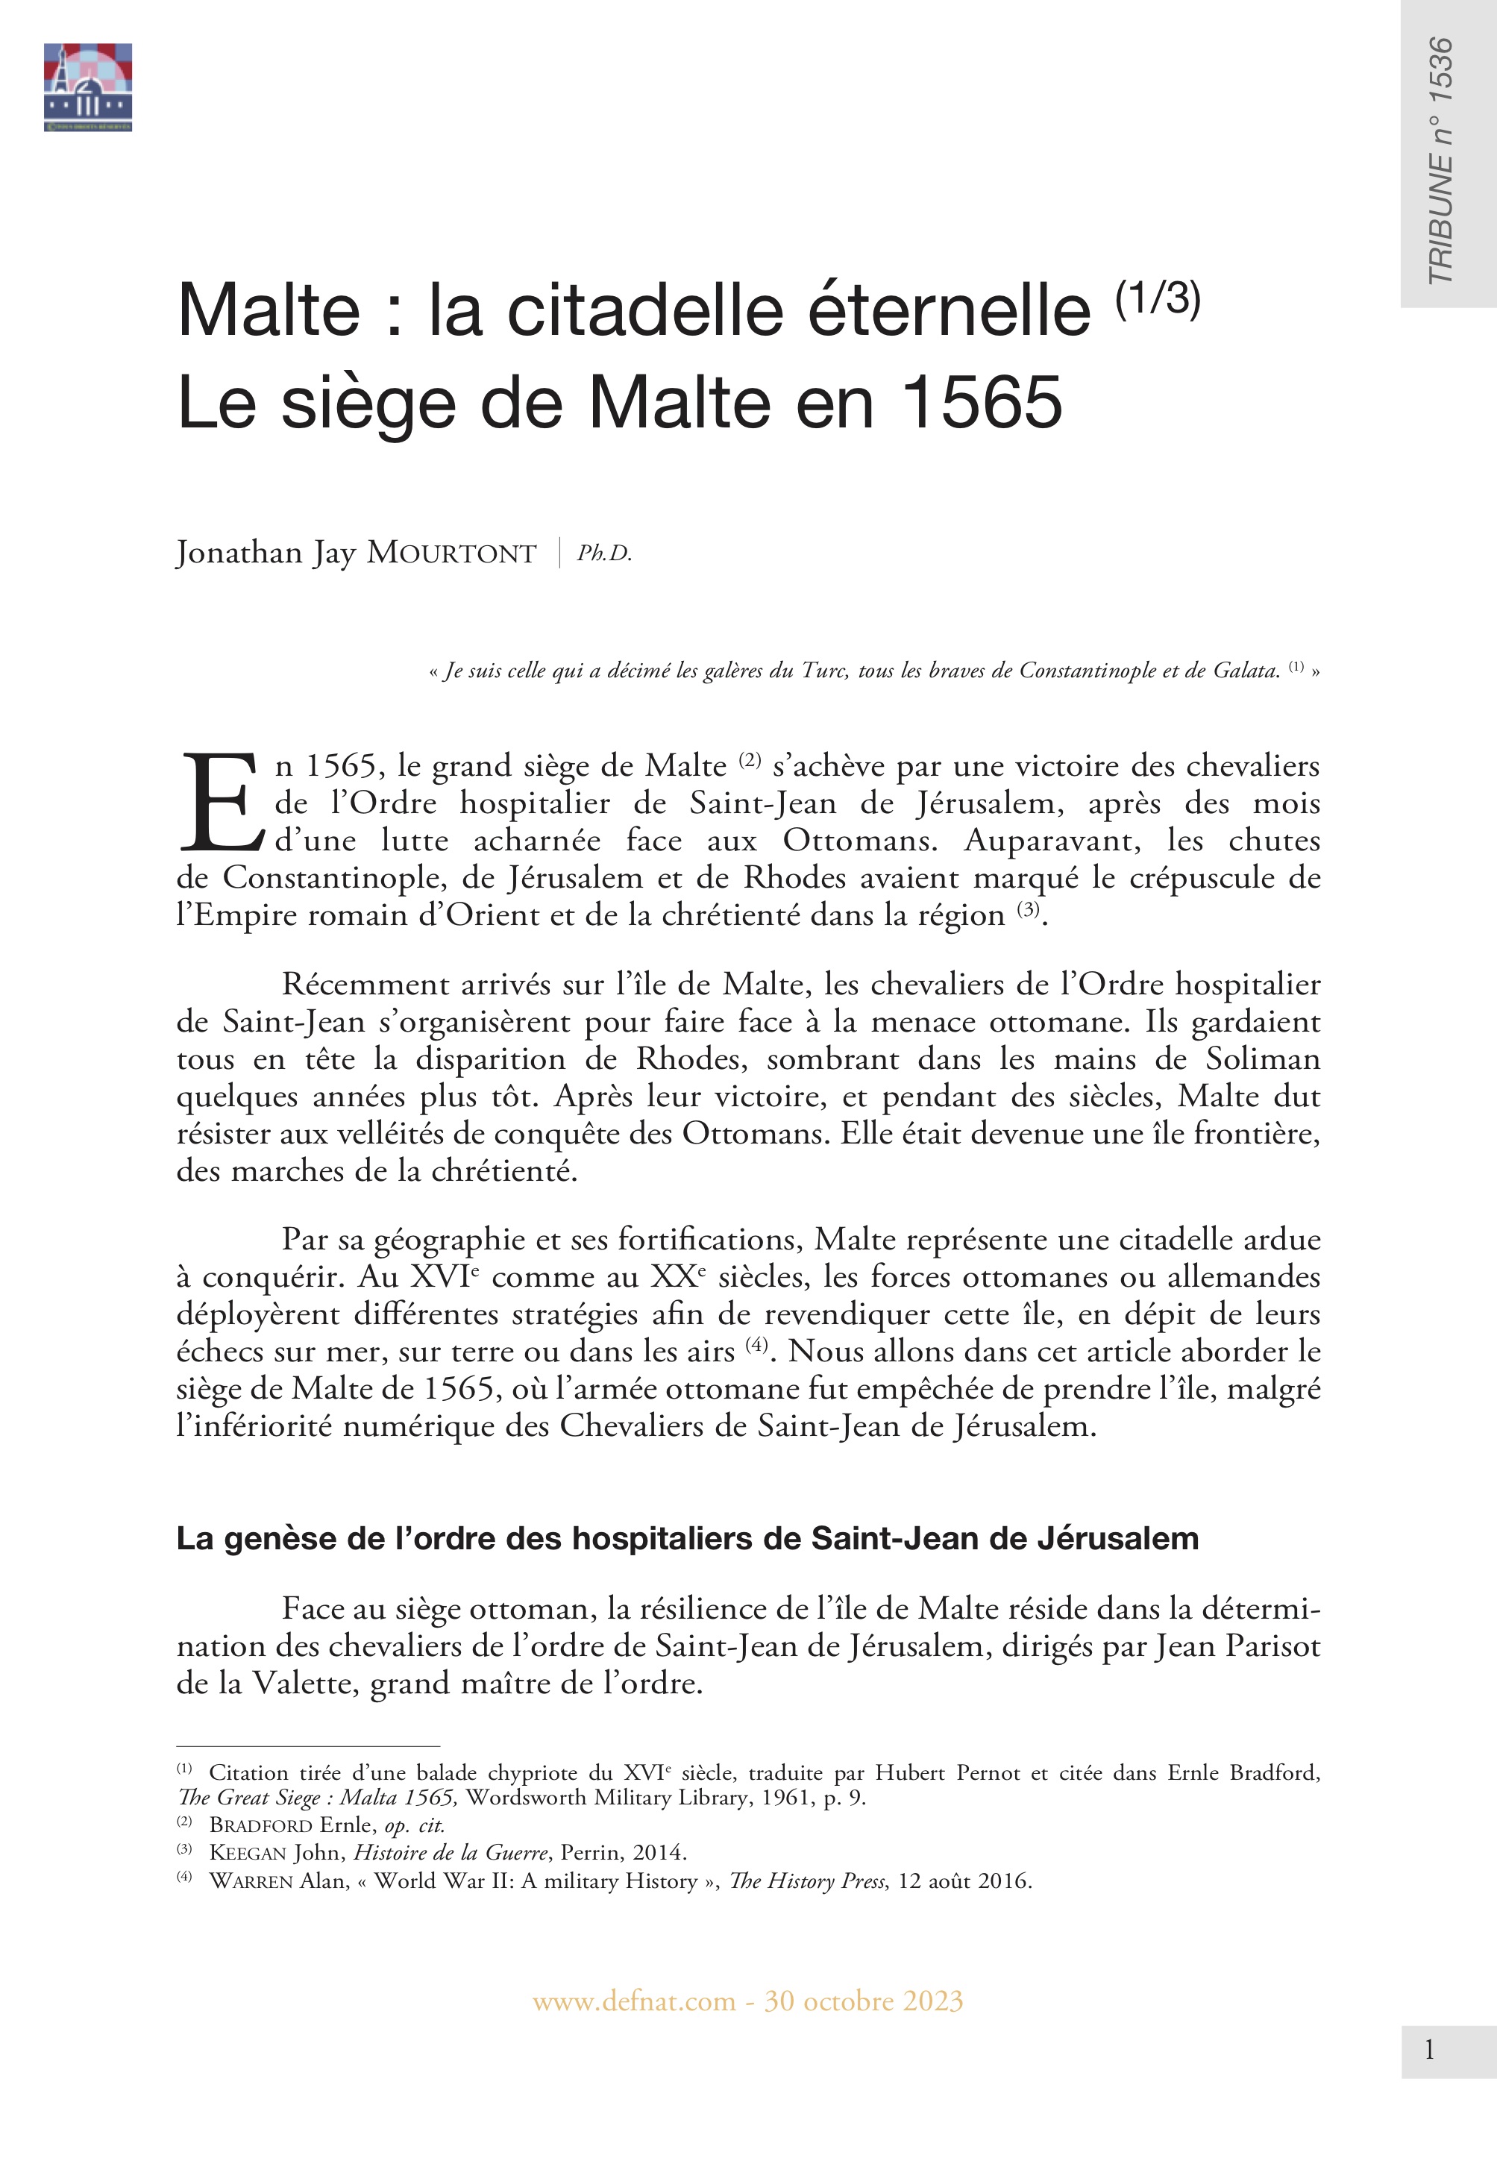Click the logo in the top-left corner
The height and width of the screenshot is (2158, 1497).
pos(87,87)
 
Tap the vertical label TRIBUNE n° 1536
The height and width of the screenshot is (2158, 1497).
pos(1440,160)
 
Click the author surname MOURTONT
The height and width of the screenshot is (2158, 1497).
pos(451,553)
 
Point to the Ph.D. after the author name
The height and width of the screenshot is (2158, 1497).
pos(604,554)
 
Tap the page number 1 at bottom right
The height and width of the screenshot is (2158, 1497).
pos(1428,2050)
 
